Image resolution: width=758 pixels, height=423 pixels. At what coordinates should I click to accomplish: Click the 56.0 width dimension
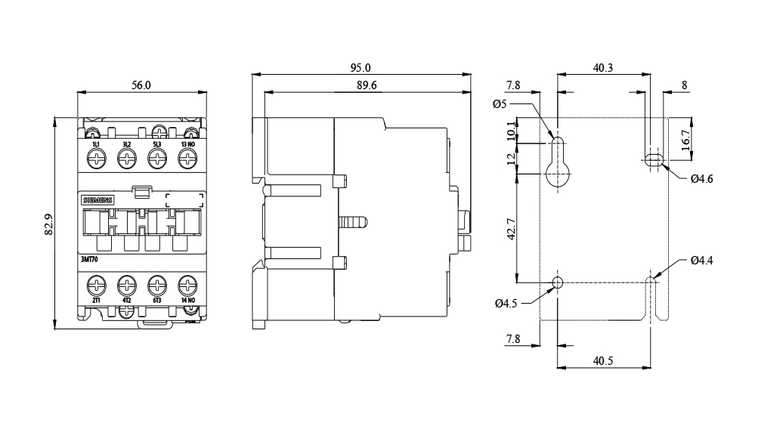coord(141,85)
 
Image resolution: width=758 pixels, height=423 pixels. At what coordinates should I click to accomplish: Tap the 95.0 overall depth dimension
coord(360,68)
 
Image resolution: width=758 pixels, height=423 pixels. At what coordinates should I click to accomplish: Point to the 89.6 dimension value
coord(367,85)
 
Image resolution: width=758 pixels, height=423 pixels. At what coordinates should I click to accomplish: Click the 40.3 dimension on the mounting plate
coord(602,68)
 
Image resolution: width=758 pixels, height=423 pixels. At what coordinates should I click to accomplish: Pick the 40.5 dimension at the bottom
coord(602,361)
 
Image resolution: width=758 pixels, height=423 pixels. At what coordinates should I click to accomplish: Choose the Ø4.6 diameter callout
coord(702,179)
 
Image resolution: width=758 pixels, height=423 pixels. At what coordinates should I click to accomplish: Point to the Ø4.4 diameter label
coord(702,261)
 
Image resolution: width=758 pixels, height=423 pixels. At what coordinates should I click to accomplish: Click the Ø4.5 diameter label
coord(506,304)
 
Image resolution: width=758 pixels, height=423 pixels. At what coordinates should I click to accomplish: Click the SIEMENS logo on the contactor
coord(96,199)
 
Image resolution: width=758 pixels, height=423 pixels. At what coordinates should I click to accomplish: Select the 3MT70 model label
coord(89,259)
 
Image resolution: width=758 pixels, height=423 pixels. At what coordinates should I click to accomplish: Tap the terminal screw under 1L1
coord(96,159)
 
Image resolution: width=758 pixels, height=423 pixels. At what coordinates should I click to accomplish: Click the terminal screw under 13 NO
coord(187,159)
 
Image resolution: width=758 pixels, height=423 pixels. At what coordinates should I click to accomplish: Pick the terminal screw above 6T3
coord(156,286)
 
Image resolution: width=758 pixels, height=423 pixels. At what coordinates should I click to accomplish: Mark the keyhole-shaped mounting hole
coord(558,158)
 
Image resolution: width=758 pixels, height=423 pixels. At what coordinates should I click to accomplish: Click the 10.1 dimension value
coord(511,130)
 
